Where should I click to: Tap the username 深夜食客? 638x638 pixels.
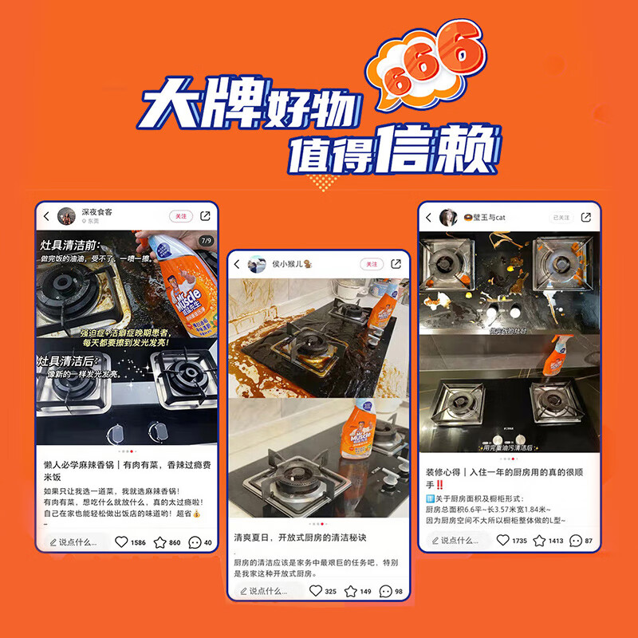[97, 213]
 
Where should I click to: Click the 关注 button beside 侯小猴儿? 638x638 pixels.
[371, 264]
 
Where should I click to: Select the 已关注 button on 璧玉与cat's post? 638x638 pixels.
[561, 217]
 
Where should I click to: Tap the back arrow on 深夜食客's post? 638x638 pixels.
[46, 216]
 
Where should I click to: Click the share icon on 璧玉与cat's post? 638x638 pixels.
[586, 217]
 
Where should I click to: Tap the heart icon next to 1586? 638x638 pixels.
[121, 542]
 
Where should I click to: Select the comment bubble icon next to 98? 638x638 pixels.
[385, 591]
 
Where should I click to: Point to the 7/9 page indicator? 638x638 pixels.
[207, 240]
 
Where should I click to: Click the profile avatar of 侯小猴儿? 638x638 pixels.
[256, 264]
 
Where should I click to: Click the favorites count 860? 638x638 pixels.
[175, 542]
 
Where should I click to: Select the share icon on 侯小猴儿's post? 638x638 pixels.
[396, 264]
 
